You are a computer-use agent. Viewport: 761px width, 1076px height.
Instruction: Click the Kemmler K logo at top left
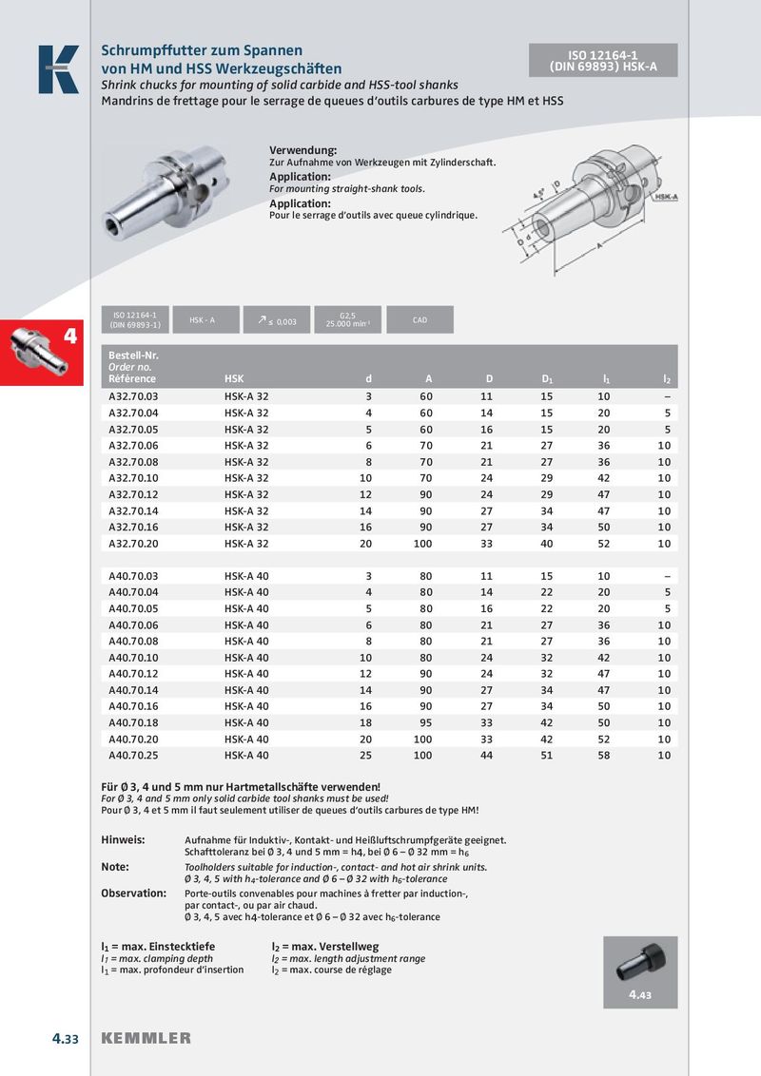pyautogui.click(x=58, y=69)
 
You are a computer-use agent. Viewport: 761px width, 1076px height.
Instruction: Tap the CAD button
pyautogui.click(x=420, y=320)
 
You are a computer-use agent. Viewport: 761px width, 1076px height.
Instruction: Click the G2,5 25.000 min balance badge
pyautogui.click(x=347, y=320)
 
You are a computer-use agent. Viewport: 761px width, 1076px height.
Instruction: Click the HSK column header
pyautogui.click(x=234, y=379)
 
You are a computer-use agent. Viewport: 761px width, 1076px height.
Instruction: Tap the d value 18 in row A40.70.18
pyautogui.click(x=365, y=723)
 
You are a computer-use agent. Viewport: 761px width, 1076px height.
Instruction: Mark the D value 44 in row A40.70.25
pyautogui.click(x=487, y=756)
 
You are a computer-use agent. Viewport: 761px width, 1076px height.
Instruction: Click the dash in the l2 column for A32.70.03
pyautogui.click(x=667, y=396)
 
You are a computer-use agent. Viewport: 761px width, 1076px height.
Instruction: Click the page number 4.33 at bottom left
pyautogui.click(x=65, y=1038)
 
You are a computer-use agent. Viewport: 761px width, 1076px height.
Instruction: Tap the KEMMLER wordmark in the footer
pyautogui.click(x=146, y=1038)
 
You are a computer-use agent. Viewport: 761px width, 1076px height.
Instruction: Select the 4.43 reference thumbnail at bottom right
pyautogui.click(x=639, y=971)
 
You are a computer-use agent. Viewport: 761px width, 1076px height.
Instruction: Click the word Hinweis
pyautogui.click(x=123, y=840)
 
